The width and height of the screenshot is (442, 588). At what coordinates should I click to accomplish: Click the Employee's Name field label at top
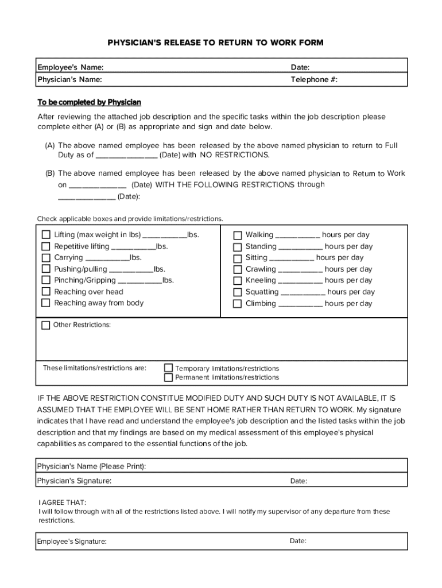pyautogui.click(x=71, y=68)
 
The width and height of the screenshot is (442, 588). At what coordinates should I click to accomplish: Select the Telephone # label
pyautogui.click(x=314, y=80)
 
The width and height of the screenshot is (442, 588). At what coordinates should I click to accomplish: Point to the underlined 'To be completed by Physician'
pyautogui.click(x=90, y=102)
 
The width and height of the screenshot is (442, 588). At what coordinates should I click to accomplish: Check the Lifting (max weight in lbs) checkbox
pyautogui.click(x=46, y=235)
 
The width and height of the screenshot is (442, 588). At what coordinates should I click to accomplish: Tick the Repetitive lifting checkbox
pyautogui.click(x=46, y=246)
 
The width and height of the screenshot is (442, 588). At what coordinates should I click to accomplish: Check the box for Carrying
pyautogui.click(x=46, y=258)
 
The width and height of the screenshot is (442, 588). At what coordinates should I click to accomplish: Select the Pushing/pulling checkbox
pyautogui.click(x=46, y=269)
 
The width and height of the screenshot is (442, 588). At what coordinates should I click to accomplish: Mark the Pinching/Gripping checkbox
pyautogui.click(x=46, y=280)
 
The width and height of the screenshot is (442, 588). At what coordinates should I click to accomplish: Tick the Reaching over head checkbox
pyautogui.click(x=46, y=292)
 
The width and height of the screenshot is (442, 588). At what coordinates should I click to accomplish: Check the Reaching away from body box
pyautogui.click(x=46, y=303)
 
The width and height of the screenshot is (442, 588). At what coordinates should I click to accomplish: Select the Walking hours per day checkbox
pyautogui.click(x=237, y=235)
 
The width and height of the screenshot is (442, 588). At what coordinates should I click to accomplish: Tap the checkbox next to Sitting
pyautogui.click(x=237, y=258)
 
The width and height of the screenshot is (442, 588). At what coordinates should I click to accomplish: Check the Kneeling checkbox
pyautogui.click(x=237, y=281)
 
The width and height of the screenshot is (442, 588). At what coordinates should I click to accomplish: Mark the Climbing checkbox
pyautogui.click(x=237, y=304)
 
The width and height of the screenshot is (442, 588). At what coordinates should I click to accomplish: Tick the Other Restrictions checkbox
pyautogui.click(x=46, y=326)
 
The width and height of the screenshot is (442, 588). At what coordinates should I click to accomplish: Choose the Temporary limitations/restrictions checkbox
pyautogui.click(x=169, y=367)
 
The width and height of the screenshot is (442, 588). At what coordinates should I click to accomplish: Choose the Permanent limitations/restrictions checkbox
pyautogui.click(x=169, y=377)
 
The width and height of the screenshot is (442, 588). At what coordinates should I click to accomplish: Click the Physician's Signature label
pyautogui.click(x=75, y=481)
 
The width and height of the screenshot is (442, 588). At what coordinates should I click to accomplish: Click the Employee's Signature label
pyautogui.click(x=72, y=541)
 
